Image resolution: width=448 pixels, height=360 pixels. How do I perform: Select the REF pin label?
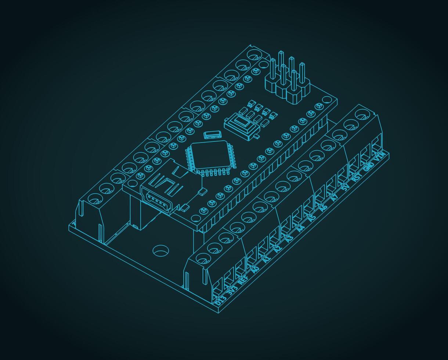pyautogui.click(x=243, y=280)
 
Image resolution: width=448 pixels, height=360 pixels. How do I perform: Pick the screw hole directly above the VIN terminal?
pyautogui.click(x=362, y=114)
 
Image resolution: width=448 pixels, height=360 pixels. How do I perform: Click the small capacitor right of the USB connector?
pyautogui.click(x=202, y=191)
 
